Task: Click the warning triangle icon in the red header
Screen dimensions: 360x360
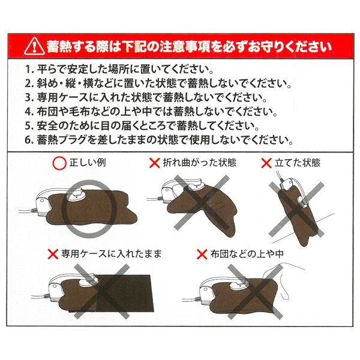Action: point(34,47)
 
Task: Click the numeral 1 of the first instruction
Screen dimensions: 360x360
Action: point(28,70)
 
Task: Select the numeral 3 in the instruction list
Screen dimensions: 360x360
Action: point(28,98)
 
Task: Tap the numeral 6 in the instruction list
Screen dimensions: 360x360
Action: point(28,140)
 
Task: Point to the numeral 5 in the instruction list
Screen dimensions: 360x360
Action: point(28,126)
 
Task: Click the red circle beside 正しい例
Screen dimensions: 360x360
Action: point(59,163)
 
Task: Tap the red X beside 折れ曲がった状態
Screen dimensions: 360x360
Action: point(155,163)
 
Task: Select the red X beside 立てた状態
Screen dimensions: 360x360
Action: point(266,163)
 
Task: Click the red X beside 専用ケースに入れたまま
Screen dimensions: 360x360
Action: point(53,254)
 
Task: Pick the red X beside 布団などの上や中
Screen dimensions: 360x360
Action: point(202,254)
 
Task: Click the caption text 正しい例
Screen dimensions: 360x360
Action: point(88,163)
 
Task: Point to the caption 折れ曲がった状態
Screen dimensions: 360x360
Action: point(200,163)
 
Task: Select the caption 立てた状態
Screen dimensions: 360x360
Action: point(298,163)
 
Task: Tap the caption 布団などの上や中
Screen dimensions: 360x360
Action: point(247,254)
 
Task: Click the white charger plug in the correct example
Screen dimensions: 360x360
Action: point(42,205)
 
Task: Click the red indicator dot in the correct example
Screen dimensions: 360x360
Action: point(76,196)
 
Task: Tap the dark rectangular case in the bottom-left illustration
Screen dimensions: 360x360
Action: point(124,293)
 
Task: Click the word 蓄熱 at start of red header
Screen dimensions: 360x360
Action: point(58,47)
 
